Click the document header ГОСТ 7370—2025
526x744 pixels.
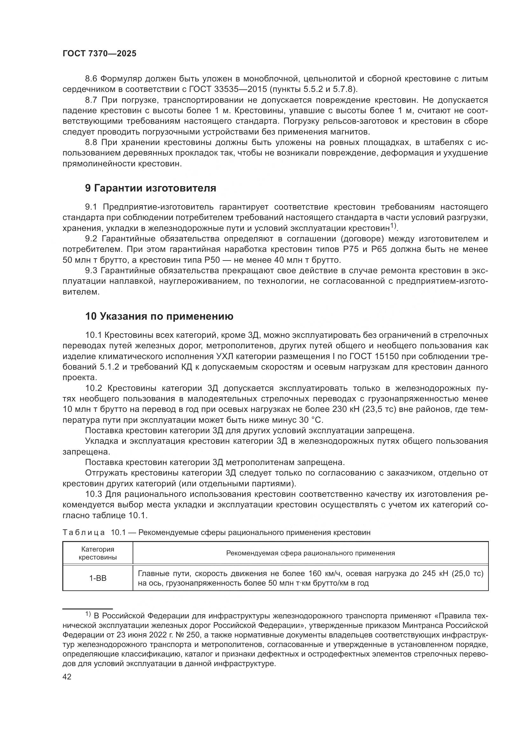(x=100, y=54)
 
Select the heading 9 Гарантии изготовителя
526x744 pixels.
(x=150, y=188)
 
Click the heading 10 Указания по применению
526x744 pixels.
(x=159, y=316)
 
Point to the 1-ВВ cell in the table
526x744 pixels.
(x=98, y=578)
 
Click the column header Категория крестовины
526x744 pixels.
(x=98, y=553)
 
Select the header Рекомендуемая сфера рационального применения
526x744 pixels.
(x=310, y=553)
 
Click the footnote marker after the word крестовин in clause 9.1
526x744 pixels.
(x=393, y=226)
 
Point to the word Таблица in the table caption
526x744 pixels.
(x=84, y=533)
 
